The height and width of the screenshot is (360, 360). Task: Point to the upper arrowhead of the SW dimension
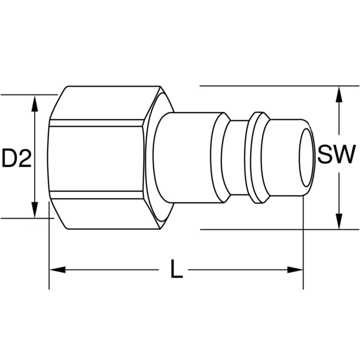339,94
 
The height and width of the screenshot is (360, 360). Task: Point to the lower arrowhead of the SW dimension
339,222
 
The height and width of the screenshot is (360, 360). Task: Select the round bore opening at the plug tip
306,157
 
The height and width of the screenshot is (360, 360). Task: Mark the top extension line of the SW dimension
270,86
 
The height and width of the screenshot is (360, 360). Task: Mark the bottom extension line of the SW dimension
270,230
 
